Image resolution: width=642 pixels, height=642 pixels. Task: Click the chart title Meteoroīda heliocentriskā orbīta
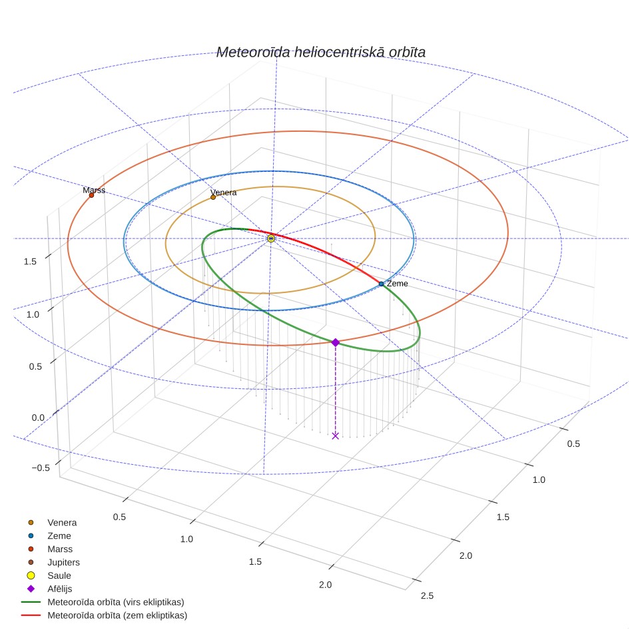[320, 53]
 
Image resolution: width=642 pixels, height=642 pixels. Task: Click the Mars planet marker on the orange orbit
[91, 195]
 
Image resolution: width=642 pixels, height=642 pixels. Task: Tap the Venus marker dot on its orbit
[213, 197]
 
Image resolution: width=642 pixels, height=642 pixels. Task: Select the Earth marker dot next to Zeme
[381, 284]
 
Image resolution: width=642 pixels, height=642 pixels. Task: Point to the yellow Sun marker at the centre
[270, 238]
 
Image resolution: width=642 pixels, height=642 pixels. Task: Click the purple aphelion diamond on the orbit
[336, 342]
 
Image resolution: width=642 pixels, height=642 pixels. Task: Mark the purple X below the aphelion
[336, 436]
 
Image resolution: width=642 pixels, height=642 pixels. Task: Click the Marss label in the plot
[94, 190]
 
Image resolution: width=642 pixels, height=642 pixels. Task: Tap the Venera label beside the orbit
[224, 192]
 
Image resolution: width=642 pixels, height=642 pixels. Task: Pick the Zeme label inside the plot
[397, 283]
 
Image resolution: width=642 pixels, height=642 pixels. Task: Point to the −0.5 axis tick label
[41, 468]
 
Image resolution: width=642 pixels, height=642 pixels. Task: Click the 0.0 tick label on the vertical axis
[38, 418]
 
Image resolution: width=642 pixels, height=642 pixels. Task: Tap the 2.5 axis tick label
[427, 596]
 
